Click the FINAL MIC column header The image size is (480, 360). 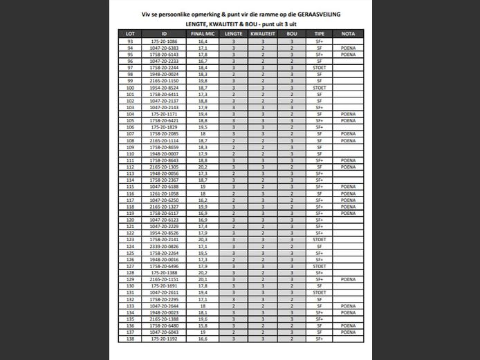[202, 33]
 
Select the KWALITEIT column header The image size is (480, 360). [263, 33]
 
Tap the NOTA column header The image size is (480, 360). [349, 33]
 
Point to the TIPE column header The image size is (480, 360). [319, 33]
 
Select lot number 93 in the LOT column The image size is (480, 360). [130, 41]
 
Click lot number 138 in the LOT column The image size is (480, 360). [130, 339]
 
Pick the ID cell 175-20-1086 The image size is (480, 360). [164, 41]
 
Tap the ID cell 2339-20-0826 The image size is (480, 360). [164, 247]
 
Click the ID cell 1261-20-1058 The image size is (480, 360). [164, 193]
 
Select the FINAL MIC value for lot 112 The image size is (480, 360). [202, 167]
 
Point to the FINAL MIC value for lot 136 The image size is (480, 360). [202, 326]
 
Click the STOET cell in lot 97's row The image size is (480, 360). [319, 68]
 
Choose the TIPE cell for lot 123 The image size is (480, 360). [319, 240]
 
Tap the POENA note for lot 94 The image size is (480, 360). [349, 48]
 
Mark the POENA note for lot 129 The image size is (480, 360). [349, 279]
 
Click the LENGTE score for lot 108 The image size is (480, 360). [234, 140]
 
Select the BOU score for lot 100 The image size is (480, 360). [292, 88]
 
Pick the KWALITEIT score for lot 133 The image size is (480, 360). [263, 306]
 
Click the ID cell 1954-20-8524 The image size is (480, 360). [164, 88]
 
